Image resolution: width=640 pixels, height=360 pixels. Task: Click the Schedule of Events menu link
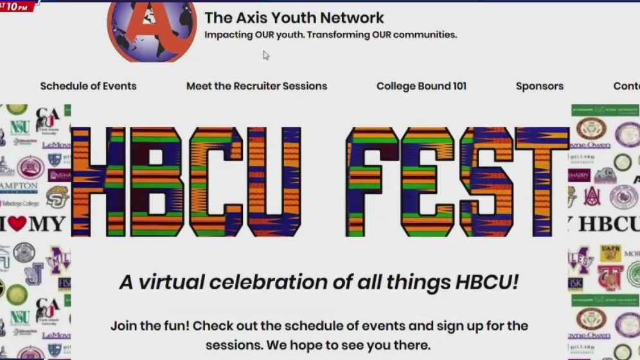click(88, 86)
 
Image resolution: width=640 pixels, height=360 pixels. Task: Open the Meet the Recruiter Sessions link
click(256, 86)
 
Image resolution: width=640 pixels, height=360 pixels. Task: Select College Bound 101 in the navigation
click(421, 86)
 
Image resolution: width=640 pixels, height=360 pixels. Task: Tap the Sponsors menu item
click(539, 86)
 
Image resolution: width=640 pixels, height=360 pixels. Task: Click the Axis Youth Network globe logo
click(152, 29)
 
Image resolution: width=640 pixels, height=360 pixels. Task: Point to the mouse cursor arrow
click(265, 55)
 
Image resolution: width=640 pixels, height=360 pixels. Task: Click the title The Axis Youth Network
click(294, 18)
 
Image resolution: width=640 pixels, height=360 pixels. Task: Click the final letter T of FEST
click(541, 182)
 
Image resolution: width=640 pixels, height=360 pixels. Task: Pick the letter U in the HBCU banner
click(272, 182)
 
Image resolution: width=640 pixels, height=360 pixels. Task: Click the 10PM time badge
click(17, 6)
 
